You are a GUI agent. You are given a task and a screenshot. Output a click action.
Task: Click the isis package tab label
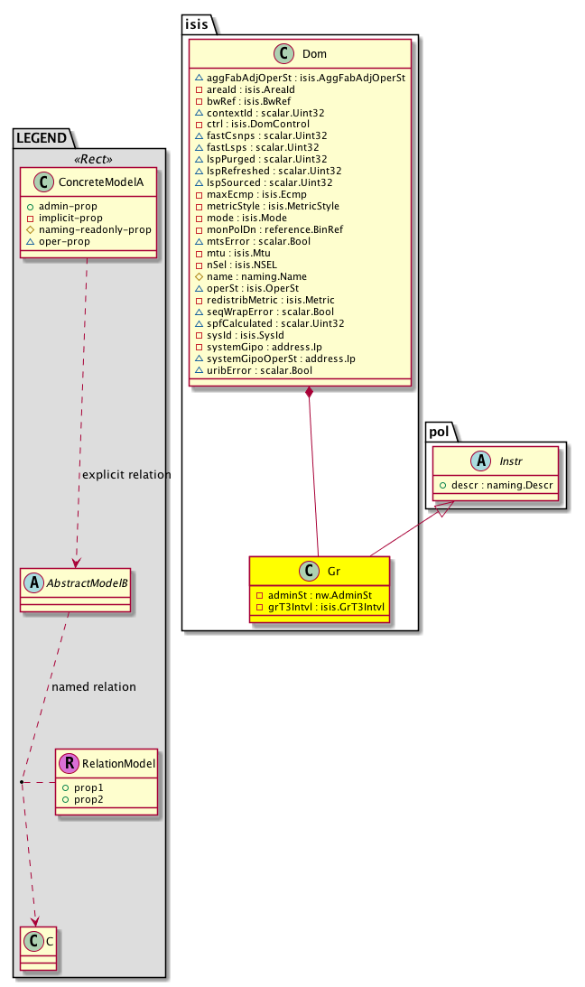(x=198, y=24)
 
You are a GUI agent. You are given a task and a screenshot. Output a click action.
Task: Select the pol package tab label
(x=438, y=433)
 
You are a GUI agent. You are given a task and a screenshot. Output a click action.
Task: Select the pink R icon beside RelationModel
(x=69, y=764)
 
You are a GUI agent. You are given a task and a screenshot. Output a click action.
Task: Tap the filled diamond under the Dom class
(x=310, y=393)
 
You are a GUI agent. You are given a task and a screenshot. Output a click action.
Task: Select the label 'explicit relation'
(x=125, y=475)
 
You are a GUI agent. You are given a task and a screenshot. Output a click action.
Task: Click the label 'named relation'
(x=94, y=687)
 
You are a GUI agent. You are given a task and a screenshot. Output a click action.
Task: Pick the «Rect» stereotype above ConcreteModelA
(x=88, y=159)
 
